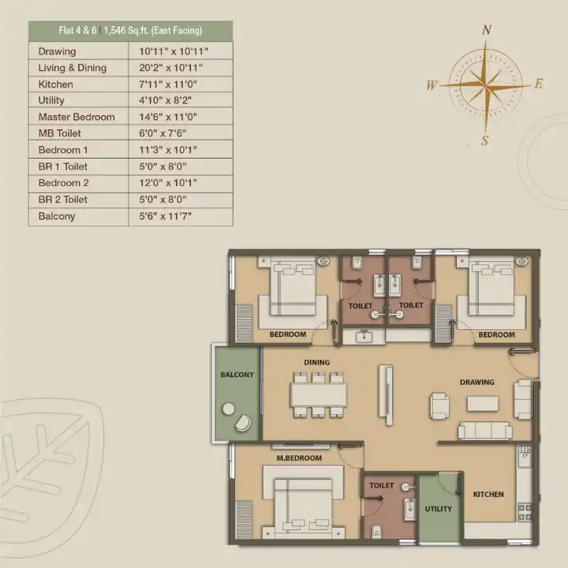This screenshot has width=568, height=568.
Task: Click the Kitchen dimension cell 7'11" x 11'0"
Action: click(168, 84)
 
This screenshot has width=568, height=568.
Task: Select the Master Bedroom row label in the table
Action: click(77, 117)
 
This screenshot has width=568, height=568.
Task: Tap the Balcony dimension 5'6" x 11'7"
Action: click(165, 216)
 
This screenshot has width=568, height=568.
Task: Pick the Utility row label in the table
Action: click(51, 100)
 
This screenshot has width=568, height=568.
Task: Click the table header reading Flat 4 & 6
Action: click(78, 31)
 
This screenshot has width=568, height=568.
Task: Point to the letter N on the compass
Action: click(487, 30)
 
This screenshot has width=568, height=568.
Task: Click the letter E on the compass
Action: click(539, 84)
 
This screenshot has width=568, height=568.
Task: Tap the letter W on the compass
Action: click(432, 85)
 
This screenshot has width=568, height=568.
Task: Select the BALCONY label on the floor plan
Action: click(237, 375)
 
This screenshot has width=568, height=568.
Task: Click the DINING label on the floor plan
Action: click(317, 362)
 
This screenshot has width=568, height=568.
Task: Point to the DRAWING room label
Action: click(477, 382)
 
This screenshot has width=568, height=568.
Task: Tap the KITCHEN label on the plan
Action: click(488, 495)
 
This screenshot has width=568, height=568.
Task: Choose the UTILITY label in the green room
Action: click(439, 509)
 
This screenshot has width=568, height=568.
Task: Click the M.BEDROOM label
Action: click(299, 458)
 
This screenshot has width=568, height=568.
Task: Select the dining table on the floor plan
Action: click(319, 395)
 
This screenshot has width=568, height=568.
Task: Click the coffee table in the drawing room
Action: click(483, 404)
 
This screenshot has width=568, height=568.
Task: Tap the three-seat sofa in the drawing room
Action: click(485, 431)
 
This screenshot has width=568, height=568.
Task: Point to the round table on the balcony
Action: click(228, 409)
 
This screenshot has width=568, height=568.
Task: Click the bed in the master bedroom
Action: click(303, 506)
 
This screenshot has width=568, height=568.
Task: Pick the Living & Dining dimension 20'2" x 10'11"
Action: click(170, 68)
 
